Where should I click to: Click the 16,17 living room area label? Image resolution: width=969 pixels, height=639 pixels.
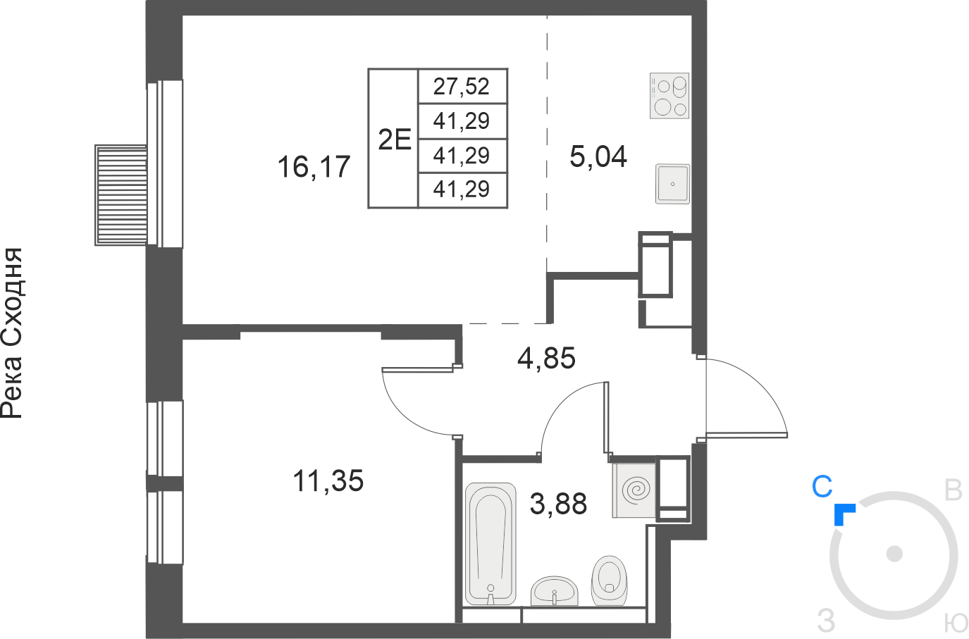[x=314, y=167]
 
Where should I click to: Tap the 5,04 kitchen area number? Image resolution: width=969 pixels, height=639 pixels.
[x=598, y=156]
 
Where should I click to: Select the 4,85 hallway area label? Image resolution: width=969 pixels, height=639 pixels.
[x=546, y=358]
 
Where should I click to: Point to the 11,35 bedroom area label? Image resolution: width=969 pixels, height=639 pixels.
[x=328, y=480]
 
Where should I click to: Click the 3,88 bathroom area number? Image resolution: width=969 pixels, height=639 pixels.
[x=558, y=504]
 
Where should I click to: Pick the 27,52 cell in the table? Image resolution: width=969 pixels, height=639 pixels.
[x=461, y=87]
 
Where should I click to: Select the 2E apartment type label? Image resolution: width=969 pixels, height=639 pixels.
[x=394, y=139]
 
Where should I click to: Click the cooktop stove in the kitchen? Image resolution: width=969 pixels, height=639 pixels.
[x=669, y=96]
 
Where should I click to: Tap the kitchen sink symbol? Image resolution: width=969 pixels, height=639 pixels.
[x=672, y=184]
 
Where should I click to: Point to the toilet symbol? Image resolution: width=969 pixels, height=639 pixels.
[x=609, y=581]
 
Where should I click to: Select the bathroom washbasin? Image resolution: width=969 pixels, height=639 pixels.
[x=554, y=591]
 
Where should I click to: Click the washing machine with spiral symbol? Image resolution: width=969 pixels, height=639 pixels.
[x=634, y=490]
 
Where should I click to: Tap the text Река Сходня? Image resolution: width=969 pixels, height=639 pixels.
[x=12, y=333]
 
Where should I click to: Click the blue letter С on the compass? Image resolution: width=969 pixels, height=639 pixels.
[x=822, y=486]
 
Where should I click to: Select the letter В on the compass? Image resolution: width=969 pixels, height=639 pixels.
[x=953, y=490]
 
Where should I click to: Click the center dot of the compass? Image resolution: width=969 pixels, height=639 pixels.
[x=894, y=554]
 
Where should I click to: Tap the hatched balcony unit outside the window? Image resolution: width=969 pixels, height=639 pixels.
[x=121, y=195]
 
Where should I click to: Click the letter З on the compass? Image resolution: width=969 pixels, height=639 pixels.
[x=826, y=621]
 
